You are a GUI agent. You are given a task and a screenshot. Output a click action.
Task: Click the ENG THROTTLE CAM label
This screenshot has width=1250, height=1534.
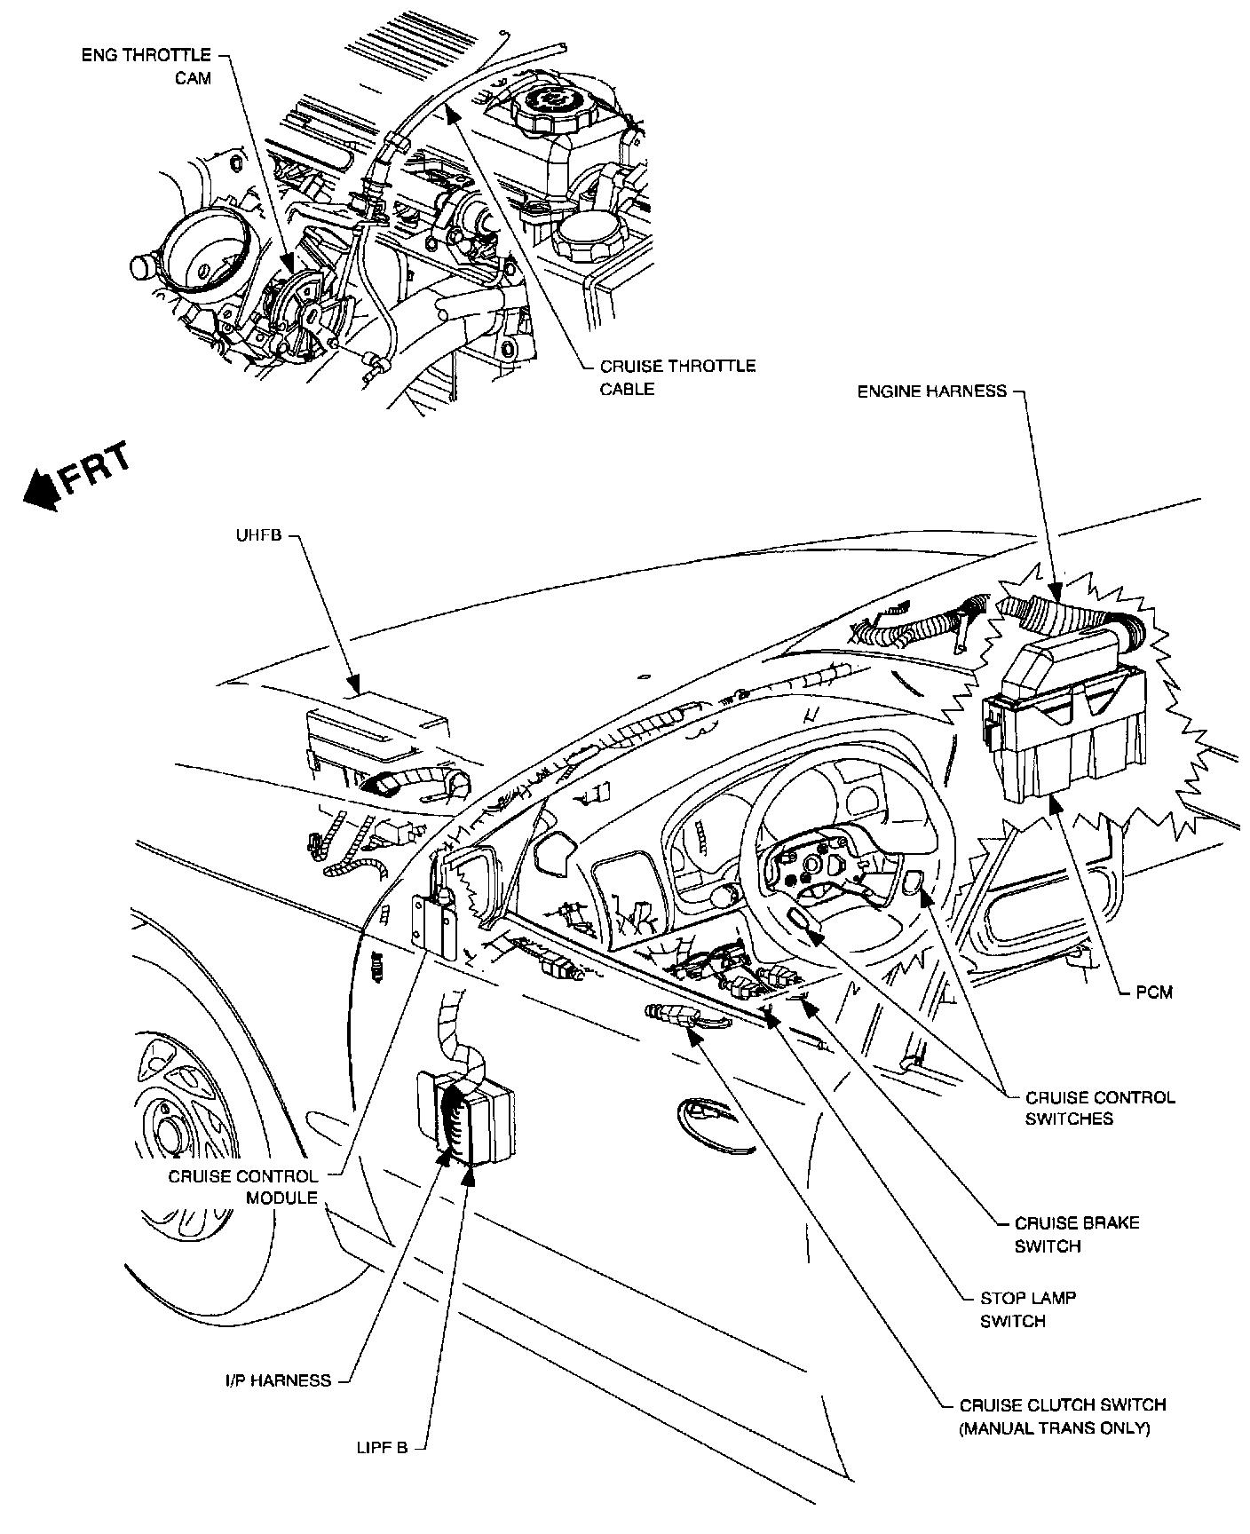coord(146,67)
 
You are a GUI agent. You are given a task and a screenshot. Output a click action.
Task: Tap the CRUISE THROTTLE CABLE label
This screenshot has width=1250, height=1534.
coord(677,377)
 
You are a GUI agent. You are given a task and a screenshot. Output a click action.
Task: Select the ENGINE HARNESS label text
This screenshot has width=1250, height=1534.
coord(931,391)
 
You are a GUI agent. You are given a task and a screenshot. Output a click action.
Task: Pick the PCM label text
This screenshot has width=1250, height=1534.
coord(1154,992)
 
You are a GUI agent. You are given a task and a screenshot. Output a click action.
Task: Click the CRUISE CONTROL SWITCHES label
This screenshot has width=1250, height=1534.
coord(1100,1108)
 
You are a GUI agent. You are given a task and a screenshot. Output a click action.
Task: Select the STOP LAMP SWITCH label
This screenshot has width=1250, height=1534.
coord(1027,1309)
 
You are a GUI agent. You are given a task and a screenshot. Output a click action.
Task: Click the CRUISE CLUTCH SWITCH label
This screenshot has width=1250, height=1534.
coord(1062,1404)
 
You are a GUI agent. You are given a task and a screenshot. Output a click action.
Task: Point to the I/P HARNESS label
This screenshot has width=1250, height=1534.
coord(277,1380)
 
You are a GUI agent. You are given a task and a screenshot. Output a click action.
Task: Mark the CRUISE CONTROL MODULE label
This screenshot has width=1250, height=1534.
coord(242,1187)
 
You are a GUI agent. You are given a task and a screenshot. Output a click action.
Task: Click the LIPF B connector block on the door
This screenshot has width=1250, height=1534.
coord(463,1118)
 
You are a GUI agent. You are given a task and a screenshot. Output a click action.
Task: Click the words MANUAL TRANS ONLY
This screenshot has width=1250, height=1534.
coord(1055,1428)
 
